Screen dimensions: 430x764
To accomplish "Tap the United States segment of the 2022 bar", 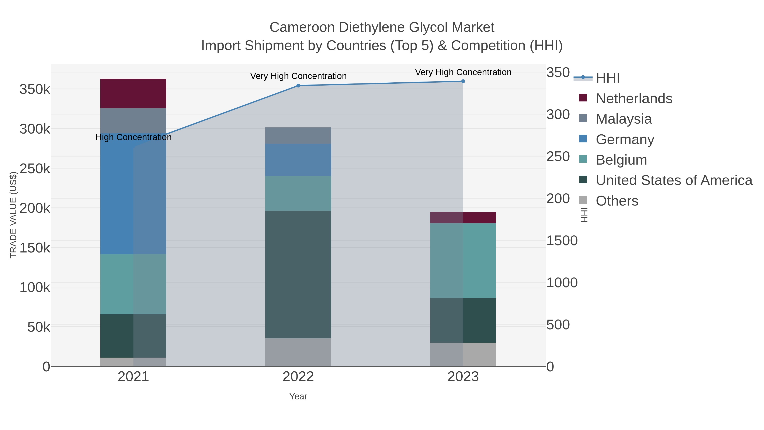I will click(x=298, y=275).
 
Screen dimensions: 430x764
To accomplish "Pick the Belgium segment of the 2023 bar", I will click(x=463, y=261).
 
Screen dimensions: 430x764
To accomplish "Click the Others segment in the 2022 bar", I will click(x=298, y=352).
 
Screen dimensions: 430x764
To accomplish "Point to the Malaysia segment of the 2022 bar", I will click(x=298, y=136).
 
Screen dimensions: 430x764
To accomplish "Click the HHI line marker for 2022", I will click(x=298, y=86).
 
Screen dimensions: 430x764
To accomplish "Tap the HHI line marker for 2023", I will click(x=463, y=81).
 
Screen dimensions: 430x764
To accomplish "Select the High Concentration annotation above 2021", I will click(x=133, y=137).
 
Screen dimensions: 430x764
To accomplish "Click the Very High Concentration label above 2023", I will click(x=463, y=72).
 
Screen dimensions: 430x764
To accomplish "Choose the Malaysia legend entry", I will click(x=624, y=119).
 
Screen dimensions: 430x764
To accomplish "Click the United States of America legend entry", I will click(x=674, y=180).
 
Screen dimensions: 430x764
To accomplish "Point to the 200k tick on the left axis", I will click(x=35, y=208).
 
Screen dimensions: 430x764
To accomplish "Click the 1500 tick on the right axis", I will click(x=562, y=241).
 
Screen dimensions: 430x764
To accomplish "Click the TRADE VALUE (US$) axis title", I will click(x=13, y=215).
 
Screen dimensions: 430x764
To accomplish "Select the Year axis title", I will click(x=298, y=396).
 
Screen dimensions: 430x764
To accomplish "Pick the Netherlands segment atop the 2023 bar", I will click(x=463, y=217).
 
